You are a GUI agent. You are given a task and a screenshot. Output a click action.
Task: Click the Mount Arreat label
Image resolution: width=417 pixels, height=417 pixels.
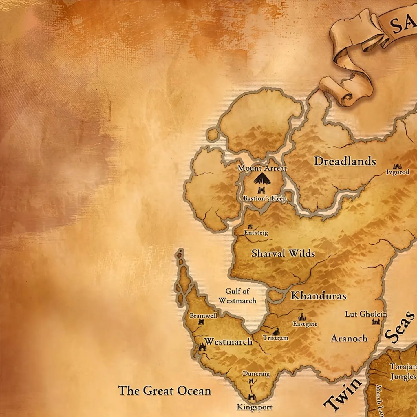point(262,168)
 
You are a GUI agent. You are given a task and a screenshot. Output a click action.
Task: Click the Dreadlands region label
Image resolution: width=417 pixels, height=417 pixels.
point(345,161)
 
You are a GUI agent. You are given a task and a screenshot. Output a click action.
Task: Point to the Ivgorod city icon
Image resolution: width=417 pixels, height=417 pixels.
point(397,167)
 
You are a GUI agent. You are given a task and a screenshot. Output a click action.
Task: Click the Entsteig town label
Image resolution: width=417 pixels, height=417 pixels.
point(256,233)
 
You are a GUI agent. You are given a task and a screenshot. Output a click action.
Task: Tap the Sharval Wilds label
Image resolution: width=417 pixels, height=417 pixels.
point(283,253)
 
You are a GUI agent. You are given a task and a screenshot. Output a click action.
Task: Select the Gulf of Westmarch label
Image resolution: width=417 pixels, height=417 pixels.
point(237,296)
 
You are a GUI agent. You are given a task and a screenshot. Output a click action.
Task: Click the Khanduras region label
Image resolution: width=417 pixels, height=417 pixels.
point(319,296)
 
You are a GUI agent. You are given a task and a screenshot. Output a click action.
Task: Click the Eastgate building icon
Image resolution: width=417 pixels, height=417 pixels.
point(303,317)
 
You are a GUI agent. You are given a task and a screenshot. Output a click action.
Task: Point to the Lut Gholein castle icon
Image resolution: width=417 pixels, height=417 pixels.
point(376,321)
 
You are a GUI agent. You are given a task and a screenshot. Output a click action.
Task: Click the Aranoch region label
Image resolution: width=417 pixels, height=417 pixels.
point(349,338)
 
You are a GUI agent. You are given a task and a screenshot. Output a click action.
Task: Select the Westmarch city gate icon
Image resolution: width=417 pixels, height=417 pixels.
point(202,347)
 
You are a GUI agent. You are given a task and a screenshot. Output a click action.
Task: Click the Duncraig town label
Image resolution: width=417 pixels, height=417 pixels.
point(256,374)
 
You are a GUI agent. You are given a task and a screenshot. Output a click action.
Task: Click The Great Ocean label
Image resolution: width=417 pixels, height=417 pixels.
point(164,391)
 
